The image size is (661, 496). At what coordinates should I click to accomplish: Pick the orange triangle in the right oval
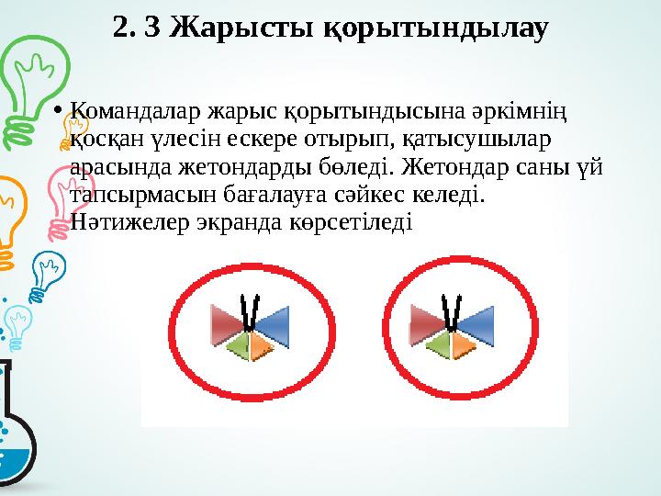465,344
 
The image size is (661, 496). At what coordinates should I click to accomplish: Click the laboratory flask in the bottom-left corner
17,432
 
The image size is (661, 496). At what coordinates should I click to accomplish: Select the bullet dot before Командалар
58,114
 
